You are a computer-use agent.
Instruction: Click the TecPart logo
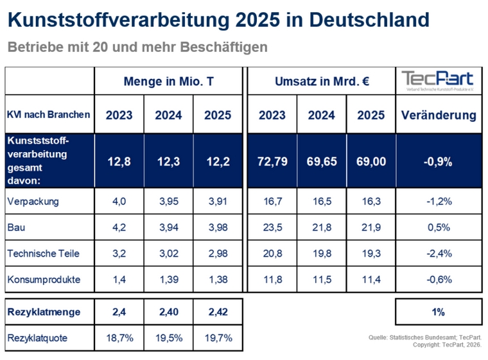(439, 81)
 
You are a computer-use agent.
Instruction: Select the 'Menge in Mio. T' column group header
(168, 81)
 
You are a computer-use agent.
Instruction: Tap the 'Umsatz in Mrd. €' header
(321, 81)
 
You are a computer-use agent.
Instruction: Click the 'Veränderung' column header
(438, 116)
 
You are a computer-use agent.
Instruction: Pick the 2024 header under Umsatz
(321, 116)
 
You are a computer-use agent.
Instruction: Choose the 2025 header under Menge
(217, 116)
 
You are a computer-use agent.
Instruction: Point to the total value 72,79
(272, 162)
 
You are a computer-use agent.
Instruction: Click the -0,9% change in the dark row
(438, 162)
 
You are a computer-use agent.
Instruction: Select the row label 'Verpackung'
(32, 201)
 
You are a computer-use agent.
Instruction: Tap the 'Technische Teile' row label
(43, 253)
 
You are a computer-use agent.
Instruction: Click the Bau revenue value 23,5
(272, 228)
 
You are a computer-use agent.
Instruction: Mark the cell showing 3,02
(168, 253)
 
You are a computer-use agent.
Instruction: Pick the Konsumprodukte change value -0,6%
(438, 280)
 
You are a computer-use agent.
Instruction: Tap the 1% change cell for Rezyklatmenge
(438, 312)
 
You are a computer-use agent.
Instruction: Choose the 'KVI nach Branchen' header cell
(48, 115)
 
